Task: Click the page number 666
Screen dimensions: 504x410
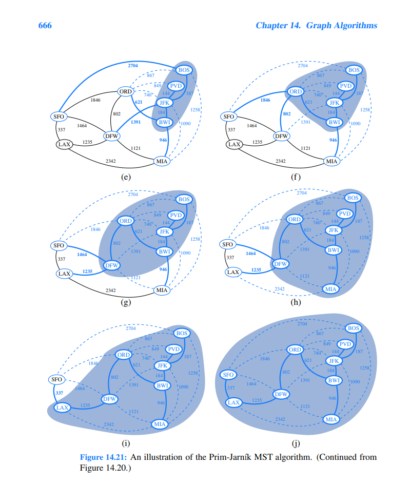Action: [x=45, y=26]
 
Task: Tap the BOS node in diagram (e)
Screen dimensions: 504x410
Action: [x=184, y=70]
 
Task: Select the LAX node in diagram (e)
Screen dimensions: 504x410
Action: [x=64, y=144]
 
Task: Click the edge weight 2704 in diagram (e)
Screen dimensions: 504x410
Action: [x=133, y=66]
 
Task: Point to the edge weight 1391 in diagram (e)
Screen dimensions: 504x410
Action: [x=135, y=122]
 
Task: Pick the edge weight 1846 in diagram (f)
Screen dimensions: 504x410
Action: [x=265, y=100]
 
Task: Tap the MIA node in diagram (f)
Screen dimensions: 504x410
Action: [x=332, y=161]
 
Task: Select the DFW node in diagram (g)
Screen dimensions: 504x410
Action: [x=112, y=265]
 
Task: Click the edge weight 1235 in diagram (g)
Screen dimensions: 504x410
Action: [x=87, y=270]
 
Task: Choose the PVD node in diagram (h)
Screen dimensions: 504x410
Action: [x=345, y=214]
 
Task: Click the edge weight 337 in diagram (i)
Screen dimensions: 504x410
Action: [x=59, y=393]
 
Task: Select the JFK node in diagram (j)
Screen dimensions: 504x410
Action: [x=334, y=360]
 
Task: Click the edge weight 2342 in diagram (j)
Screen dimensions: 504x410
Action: [x=280, y=419]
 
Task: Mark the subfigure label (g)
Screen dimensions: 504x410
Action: [x=125, y=302]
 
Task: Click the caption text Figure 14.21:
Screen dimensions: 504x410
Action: [x=104, y=457]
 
